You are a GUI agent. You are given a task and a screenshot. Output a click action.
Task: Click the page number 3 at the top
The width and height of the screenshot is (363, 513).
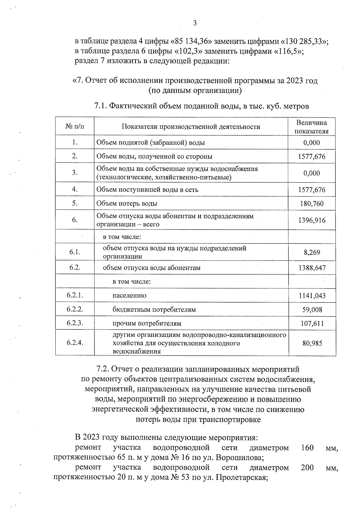[195, 23]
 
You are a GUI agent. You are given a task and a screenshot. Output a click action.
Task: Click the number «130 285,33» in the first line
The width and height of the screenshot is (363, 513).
[303, 41]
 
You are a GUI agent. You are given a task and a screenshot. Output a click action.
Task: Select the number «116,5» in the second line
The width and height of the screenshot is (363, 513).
[287, 51]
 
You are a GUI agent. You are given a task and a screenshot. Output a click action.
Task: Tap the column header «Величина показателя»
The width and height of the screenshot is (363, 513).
[312, 127]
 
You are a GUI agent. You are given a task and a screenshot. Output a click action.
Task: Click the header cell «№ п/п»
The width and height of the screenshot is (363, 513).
[75, 126]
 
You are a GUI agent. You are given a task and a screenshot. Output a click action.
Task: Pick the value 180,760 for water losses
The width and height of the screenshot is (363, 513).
[312, 204]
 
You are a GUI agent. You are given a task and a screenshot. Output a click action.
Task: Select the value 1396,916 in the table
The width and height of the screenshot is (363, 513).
[312, 220]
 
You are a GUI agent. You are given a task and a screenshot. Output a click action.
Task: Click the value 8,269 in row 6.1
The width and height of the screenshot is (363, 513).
[312, 252]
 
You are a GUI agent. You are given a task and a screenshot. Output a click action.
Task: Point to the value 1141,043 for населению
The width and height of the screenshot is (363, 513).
[312, 296]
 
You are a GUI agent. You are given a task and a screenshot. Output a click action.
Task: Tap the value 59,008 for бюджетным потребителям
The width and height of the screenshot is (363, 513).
[312, 310]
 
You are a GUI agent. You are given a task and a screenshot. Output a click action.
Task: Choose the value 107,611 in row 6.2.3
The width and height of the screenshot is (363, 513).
[312, 323]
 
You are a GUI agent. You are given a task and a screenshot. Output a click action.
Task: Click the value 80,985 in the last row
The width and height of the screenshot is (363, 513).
[312, 343]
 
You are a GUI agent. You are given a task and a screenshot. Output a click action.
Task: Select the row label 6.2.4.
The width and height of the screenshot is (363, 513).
[75, 343]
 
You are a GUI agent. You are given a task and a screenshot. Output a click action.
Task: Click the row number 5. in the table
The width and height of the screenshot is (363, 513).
[75, 203]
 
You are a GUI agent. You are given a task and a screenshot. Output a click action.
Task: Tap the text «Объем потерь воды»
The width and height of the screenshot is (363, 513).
[127, 203]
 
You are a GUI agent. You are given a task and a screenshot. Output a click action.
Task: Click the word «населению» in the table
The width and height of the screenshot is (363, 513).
[129, 296]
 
